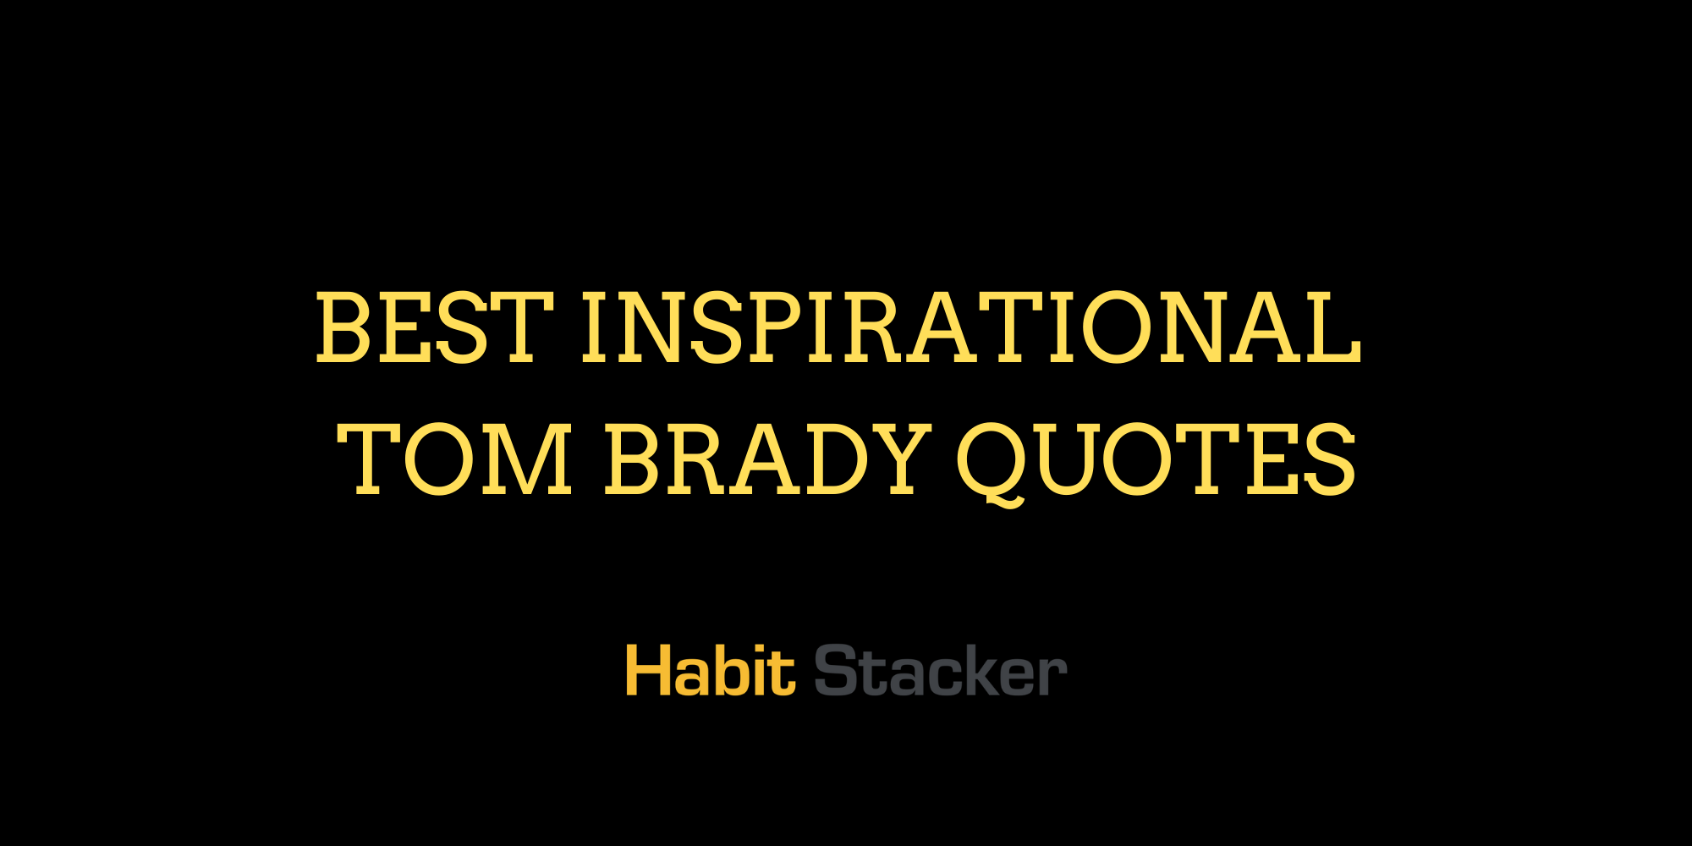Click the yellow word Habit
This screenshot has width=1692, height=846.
coord(710,671)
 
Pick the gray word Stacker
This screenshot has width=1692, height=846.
coord(940,671)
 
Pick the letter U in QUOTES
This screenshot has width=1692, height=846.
coord(1061,461)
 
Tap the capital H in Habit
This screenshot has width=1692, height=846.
coord(646,671)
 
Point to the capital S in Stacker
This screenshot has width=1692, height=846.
coord(835,671)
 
